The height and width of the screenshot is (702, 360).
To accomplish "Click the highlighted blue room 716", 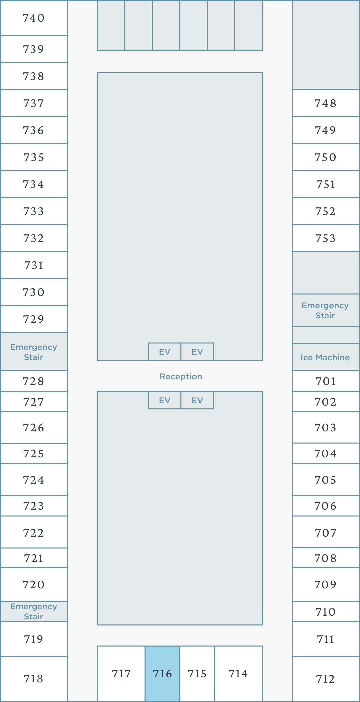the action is point(162,674).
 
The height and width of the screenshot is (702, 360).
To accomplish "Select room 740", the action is point(34,18).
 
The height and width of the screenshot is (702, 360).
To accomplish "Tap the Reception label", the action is point(181,376).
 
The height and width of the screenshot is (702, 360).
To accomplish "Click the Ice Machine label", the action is point(325,357).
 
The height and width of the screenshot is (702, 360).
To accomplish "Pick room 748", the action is point(326,103).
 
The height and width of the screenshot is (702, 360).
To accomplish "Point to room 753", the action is point(326,238).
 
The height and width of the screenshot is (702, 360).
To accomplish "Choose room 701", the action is point(326,381).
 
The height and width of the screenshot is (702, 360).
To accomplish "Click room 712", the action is point(326,679).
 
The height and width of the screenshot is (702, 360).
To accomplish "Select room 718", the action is point(34,679).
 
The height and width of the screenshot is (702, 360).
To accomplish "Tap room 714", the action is point(238,674).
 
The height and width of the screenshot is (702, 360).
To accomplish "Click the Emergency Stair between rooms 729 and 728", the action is point(34,352).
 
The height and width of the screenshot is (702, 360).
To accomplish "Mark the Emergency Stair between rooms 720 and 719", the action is point(34,611).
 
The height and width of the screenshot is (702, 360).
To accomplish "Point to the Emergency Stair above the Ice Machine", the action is point(325,310).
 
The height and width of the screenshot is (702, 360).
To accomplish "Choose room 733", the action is point(34,211).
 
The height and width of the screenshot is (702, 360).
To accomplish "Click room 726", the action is point(34,428).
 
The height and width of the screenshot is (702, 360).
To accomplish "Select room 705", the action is point(326,480).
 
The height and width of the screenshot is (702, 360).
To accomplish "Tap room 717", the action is point(121,674).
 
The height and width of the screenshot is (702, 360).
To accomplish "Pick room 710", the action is point(326,612).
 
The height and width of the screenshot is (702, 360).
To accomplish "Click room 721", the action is point(34,558).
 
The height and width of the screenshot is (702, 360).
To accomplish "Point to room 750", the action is point(326,157).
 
